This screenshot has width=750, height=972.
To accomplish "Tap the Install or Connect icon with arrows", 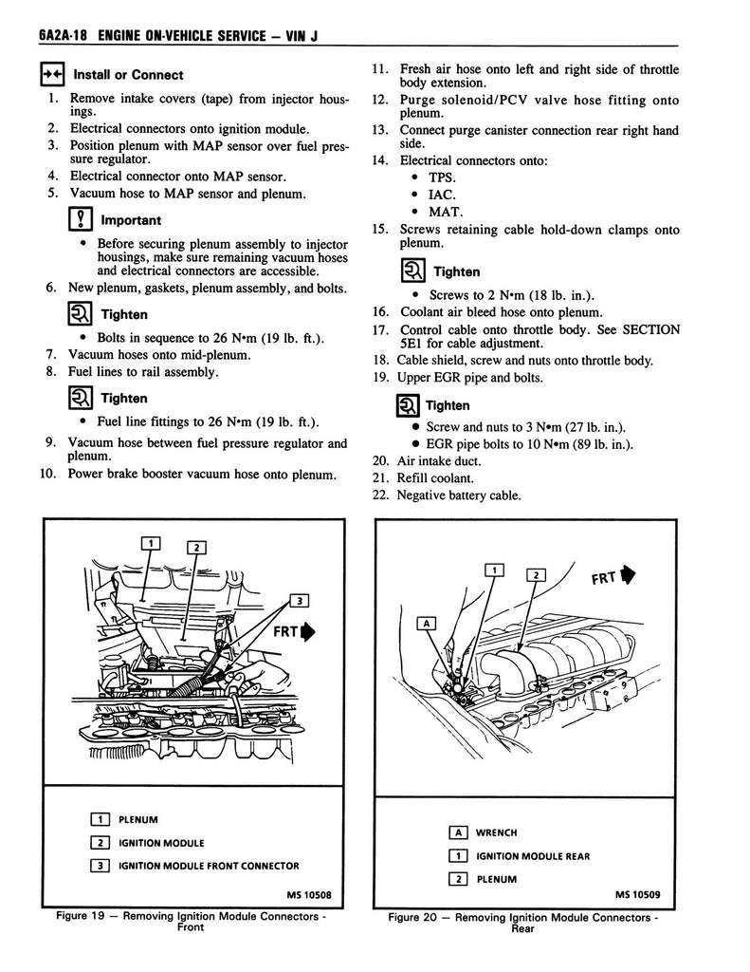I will pyautogui.click(x=51, y=75).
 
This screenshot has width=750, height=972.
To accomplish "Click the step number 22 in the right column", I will pyautogui.click(x=379, y=495).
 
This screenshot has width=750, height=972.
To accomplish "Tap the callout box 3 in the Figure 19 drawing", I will pyautogui.click(x=299, y=600).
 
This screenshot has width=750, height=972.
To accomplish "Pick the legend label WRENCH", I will pyautogui.click(x=496, y=832).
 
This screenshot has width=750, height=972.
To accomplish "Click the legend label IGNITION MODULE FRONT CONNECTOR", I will pyautogui.click(x=208, y=866).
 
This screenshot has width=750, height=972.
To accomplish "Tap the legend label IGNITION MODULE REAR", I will pyautogui.click(x=533, y=856).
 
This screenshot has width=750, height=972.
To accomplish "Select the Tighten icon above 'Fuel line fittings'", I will pyautogui.click(x=80, y=399).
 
